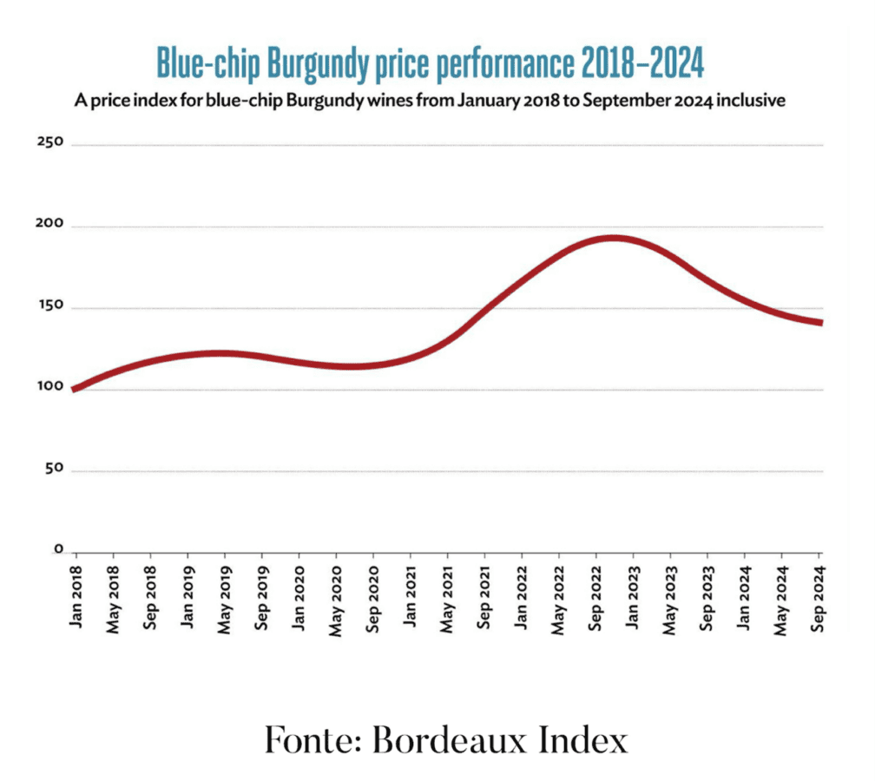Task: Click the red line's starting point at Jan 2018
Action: [76, 389]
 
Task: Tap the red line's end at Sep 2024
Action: [819, 323]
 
